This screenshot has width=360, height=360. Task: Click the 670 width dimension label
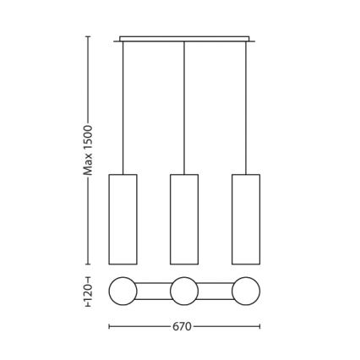[182, 326]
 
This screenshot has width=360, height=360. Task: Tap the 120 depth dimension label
[88, 292]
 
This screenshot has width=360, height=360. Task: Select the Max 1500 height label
[88, 150]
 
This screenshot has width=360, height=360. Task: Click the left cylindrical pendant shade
[123, 220]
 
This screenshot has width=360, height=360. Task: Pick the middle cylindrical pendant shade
[184, 220]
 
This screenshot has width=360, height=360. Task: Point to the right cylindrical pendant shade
[246, 220]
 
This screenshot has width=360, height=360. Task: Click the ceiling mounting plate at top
[184, 39]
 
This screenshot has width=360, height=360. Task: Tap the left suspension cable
[123, 108]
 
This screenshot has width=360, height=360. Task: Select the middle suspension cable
[184, 108]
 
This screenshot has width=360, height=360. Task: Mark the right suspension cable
[246, 108]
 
